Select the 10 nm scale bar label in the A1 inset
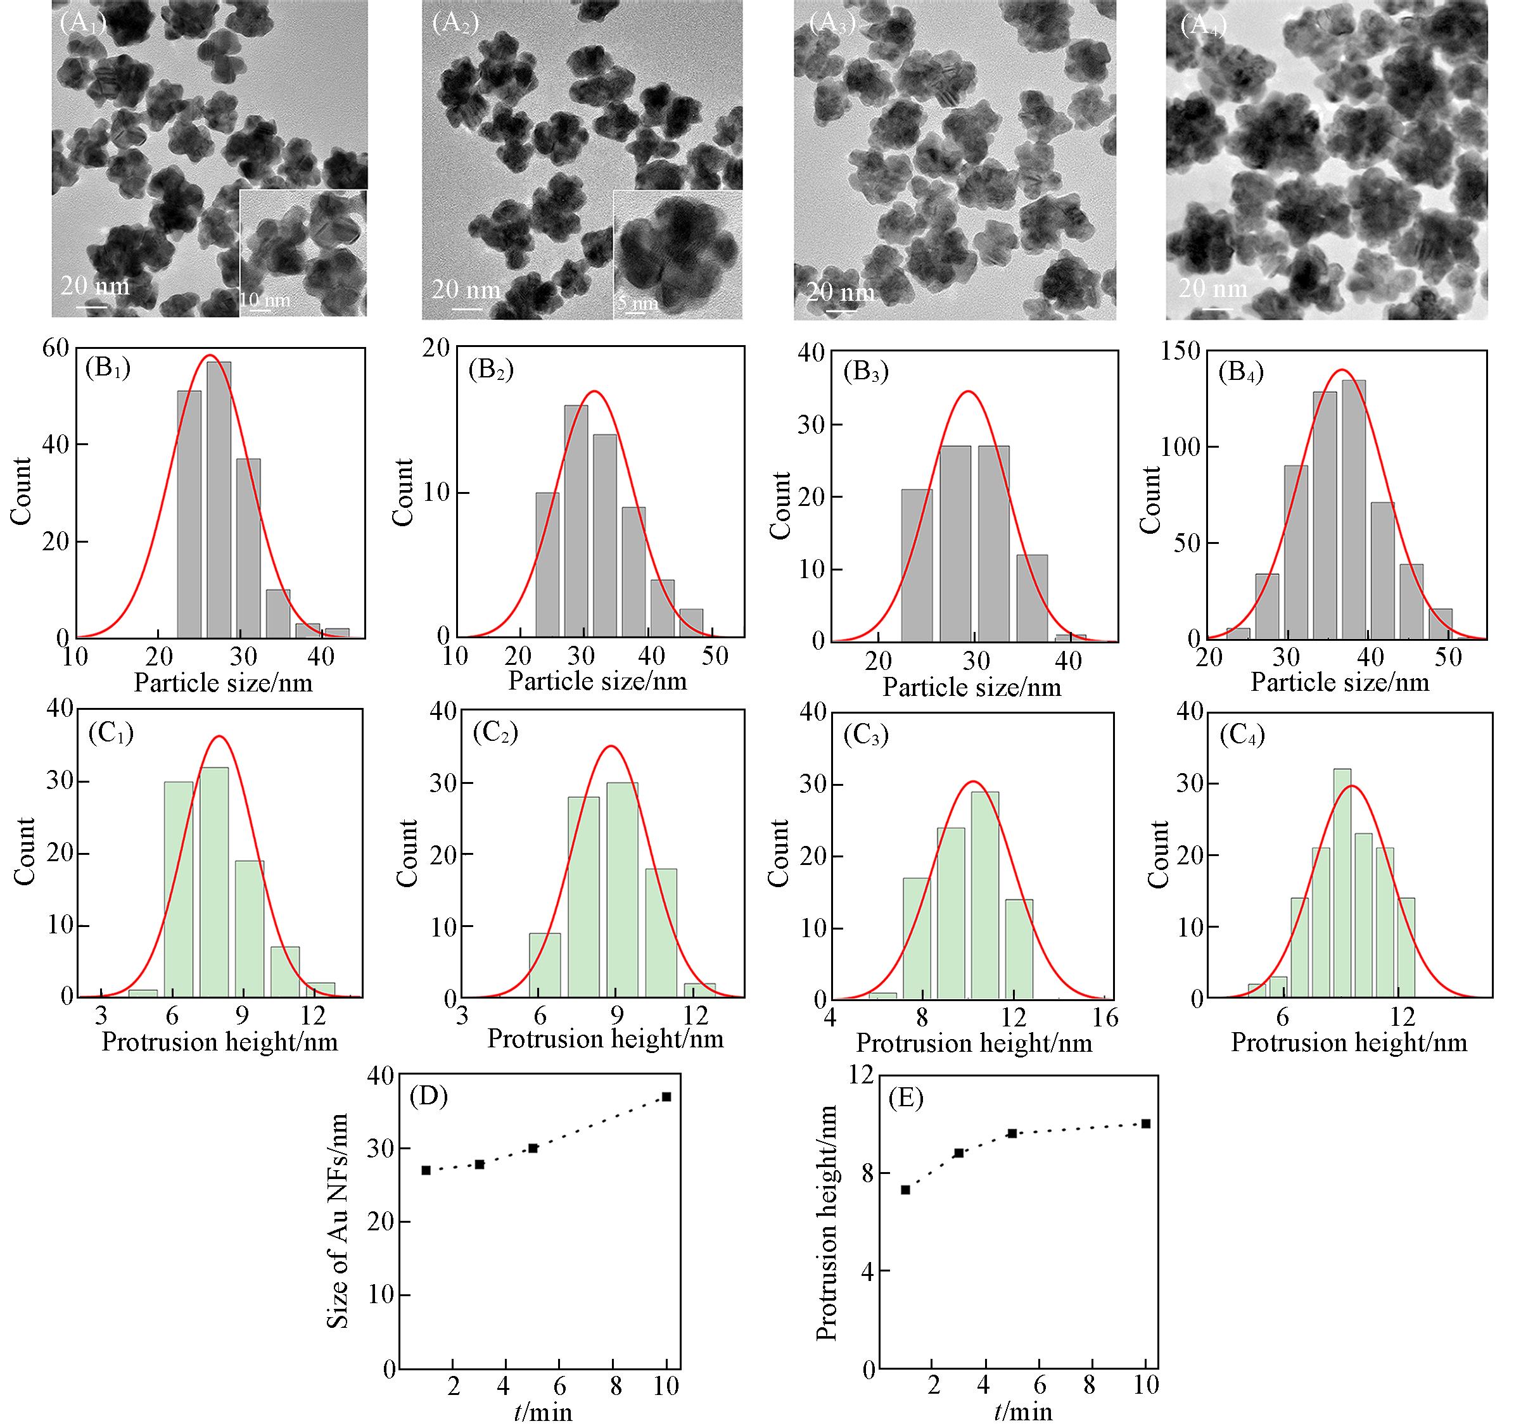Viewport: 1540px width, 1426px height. coord(265,300)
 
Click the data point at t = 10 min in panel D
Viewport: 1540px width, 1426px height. coord(666,1097)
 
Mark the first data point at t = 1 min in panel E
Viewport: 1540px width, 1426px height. coord(905,1189)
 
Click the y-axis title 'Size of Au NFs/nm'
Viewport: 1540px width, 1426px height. coord(338,1231)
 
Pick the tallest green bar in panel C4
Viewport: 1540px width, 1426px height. coord(1342,883)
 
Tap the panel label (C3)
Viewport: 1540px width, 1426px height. coord(866,735)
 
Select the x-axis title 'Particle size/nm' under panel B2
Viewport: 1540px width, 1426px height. coord(597,681)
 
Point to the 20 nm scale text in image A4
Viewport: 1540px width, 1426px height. coord(1212,288)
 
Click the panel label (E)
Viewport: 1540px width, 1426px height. coord(907,1097)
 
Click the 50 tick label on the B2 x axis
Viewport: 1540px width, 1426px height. coord(716,657)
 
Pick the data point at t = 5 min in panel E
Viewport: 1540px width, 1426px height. coord(1012,1133)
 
